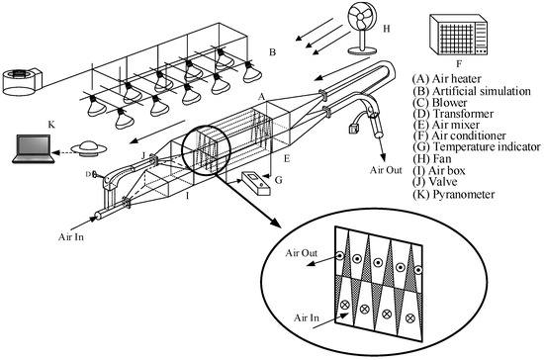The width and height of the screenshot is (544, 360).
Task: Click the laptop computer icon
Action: click(34, 148)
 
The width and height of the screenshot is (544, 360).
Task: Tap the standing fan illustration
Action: click(362, 29)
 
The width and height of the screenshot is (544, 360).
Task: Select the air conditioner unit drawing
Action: click(458, 35)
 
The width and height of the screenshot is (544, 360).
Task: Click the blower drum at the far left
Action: click(22, 82)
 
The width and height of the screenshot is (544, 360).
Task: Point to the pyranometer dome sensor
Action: click(89, 148)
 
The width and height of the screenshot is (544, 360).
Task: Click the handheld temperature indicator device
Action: click(256, 183)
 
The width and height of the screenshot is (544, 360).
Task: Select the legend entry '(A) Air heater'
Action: click(447, 79)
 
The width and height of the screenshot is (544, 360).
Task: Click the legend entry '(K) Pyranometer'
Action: click(454, 194)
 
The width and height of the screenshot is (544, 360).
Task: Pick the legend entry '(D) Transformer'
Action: click(453, 114)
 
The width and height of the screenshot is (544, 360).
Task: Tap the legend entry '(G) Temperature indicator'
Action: click(477, 147)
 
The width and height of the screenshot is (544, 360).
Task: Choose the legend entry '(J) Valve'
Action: click(435, 182)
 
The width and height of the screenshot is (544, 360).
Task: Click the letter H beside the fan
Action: click(387, 29)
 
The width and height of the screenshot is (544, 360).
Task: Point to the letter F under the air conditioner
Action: click(459, 64)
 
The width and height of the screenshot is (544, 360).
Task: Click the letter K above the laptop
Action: click(51, 125)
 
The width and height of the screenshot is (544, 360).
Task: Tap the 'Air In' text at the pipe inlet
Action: click(71, 237)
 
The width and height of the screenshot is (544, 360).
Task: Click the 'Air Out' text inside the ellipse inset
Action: click(301, 253)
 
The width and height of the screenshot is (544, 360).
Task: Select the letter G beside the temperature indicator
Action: click(278, 180)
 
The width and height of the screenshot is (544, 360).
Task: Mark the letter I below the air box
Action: click(187, 197)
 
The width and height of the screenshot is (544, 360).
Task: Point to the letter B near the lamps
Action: click(272, 52)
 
